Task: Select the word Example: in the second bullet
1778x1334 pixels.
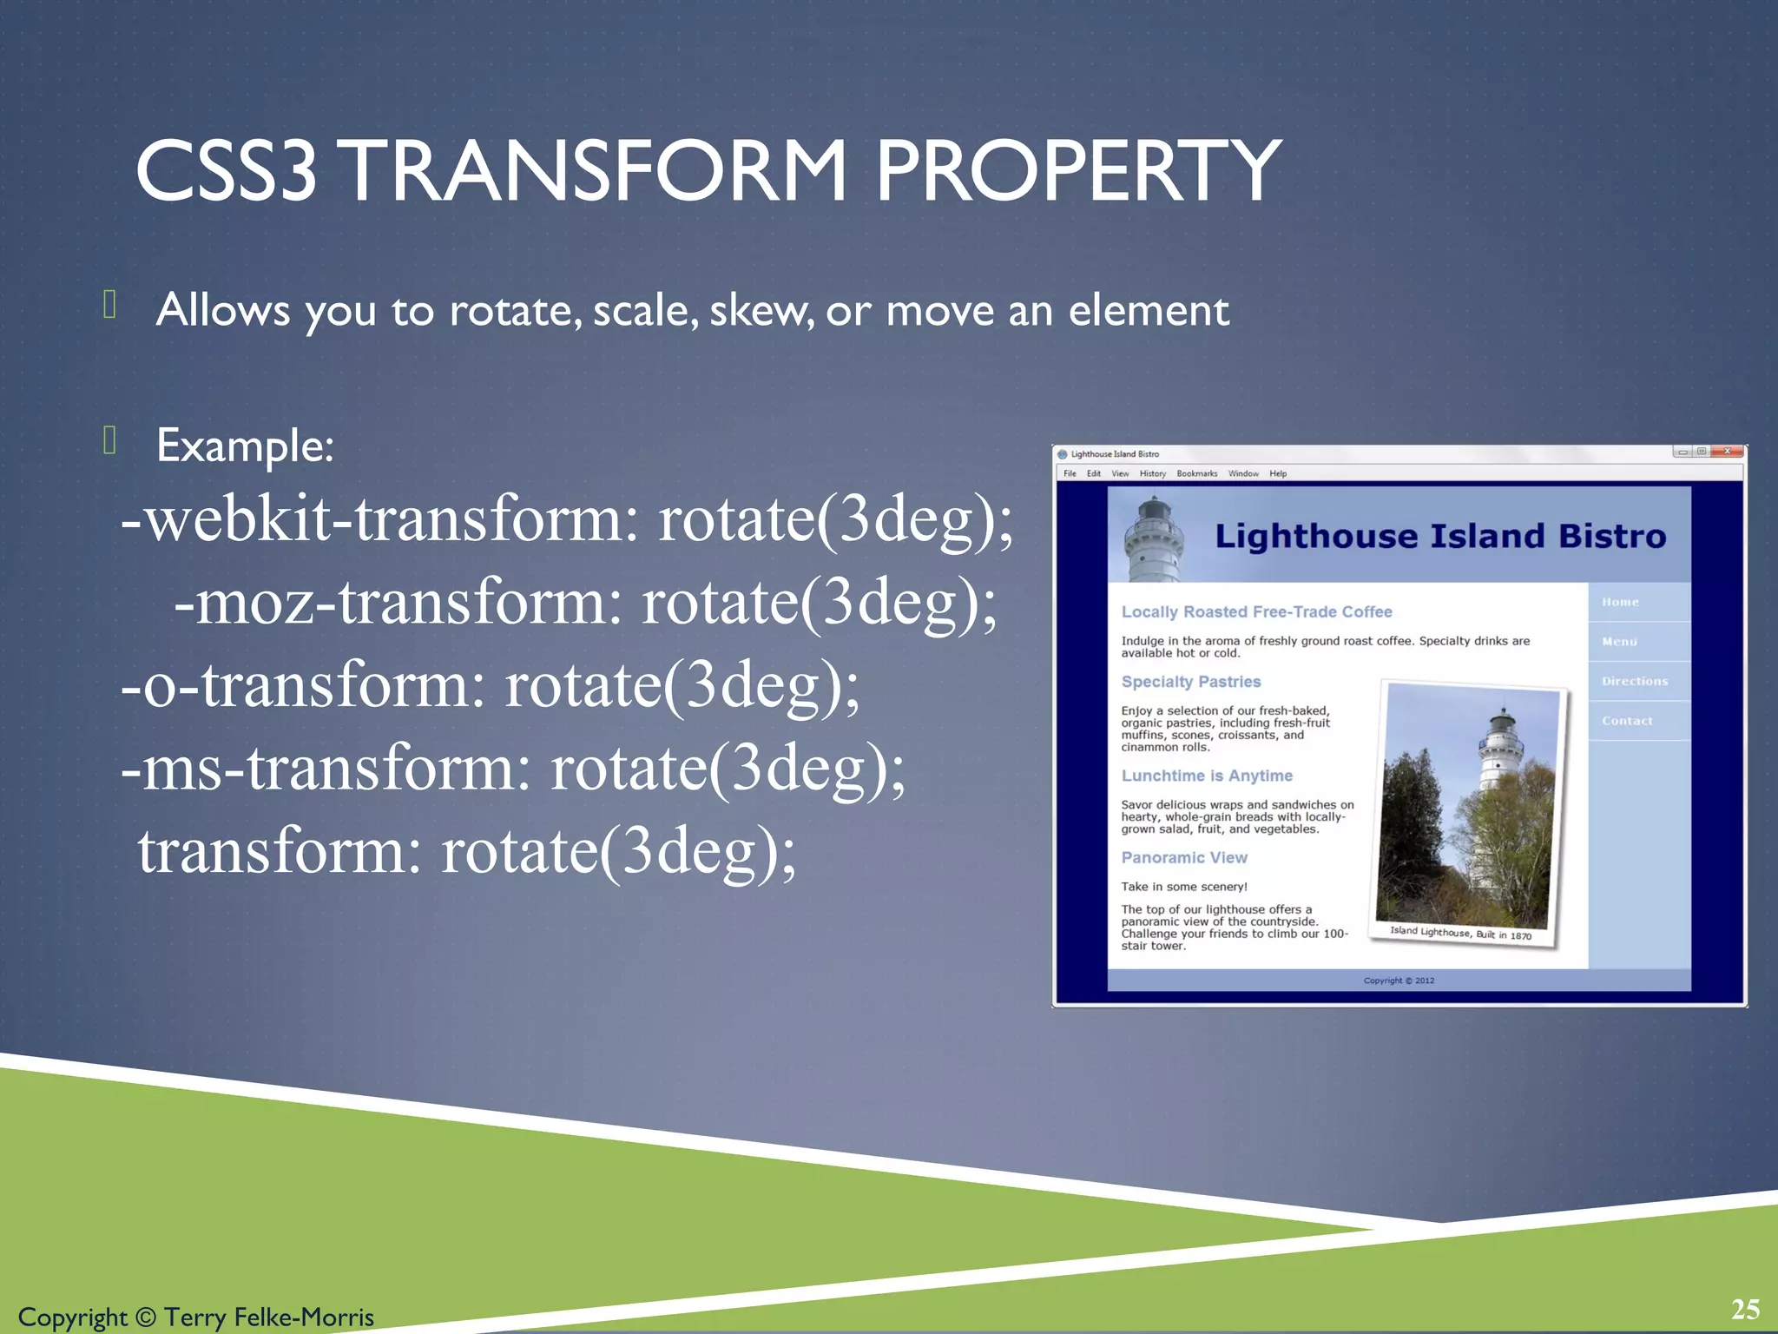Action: pos(245,446)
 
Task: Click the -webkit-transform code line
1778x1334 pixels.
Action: pos(566,520)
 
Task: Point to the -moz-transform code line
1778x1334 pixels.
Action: pos(585,603)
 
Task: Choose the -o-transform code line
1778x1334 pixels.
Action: pos(490,685)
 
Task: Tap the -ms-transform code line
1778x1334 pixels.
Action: pos(512,769)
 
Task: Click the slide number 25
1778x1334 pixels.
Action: pos(1745,1309)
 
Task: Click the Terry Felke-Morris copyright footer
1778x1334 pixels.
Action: pos(196,1317)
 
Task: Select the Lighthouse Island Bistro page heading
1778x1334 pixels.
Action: pos(1439,537)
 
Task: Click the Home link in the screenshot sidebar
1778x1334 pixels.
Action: pos(1620,602)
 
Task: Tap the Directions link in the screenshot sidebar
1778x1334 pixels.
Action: pos(1635,682)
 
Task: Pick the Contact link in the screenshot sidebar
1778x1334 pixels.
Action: pos(1627,721)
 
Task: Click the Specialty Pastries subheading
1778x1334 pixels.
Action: pos(1190,682)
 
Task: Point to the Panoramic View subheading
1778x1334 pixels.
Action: pos(1183,857)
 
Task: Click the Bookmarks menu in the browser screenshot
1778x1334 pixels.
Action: pos(1196,473)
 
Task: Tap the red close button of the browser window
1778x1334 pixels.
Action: pos(1728,452)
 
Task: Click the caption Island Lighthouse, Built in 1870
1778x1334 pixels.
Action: pos(1460,933)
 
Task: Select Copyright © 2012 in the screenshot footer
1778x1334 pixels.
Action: pos(1399,981)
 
